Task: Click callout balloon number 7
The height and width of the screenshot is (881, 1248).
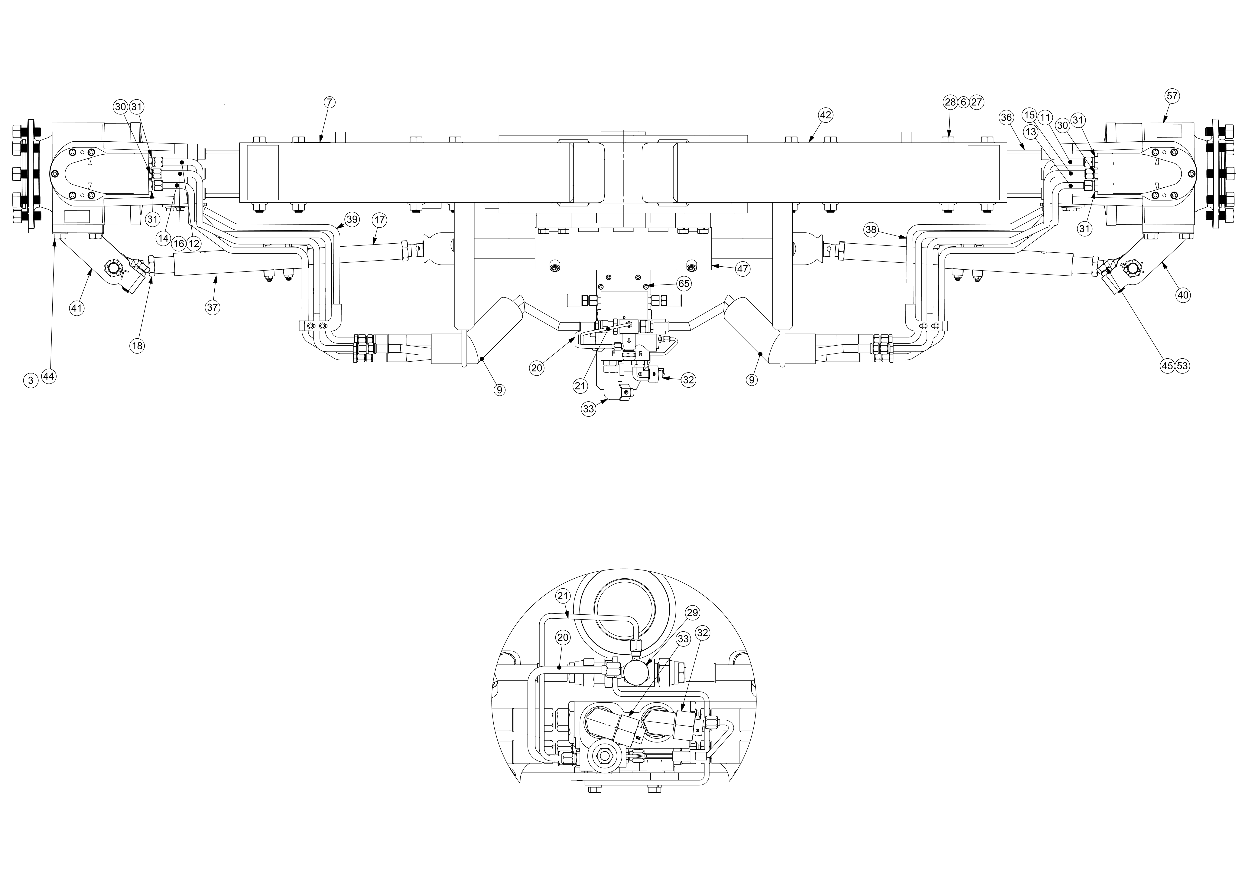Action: point(330,102)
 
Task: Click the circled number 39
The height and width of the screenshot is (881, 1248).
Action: point(352,220)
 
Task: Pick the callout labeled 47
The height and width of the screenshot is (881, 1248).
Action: point(743,269)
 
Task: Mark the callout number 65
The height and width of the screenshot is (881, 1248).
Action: point(683,283)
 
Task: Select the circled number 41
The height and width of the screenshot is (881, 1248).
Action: point(77,308)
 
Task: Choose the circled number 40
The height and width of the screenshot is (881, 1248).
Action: point(1183,295)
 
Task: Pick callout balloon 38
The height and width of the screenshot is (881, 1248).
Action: point(871,230)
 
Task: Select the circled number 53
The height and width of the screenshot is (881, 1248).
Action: point(1182,366)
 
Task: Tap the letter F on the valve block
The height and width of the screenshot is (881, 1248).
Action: point(614,353)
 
